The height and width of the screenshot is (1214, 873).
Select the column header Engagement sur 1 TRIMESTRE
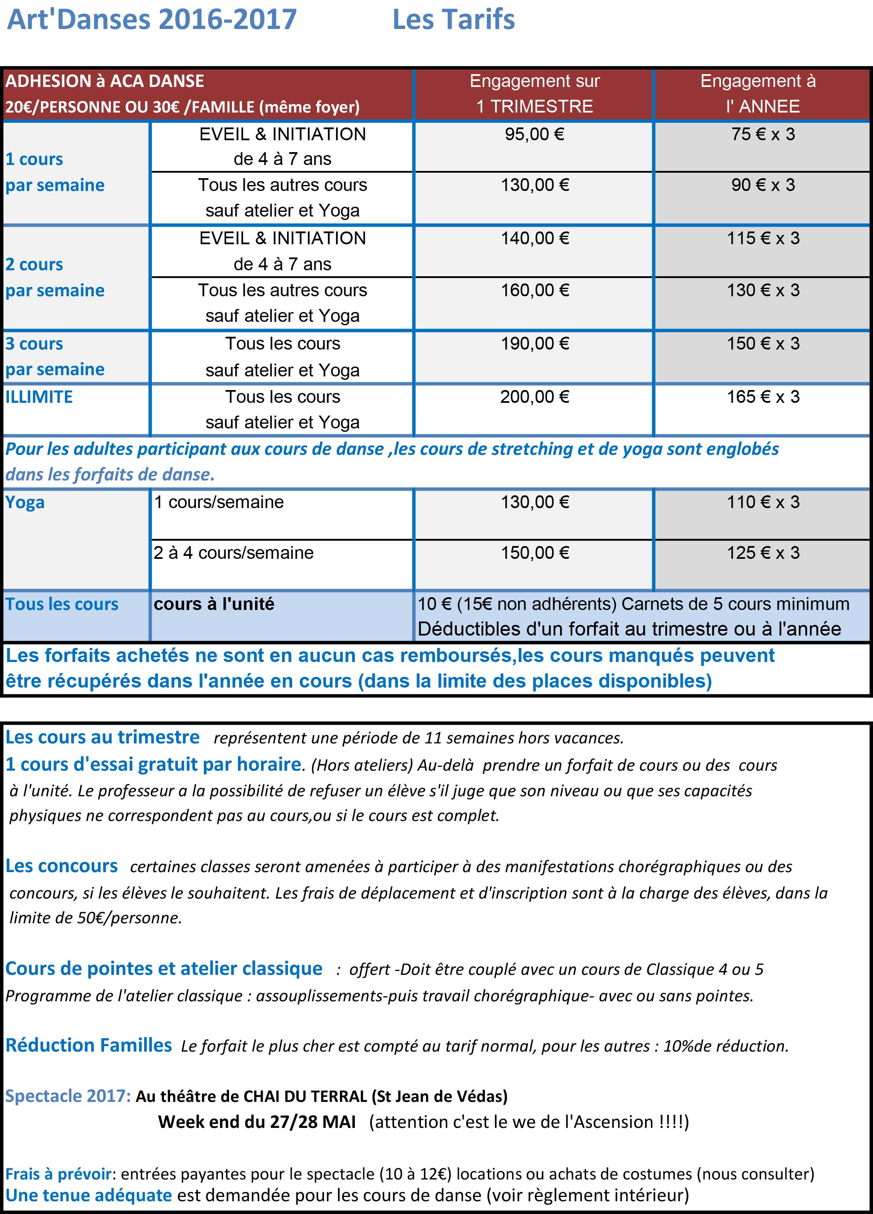[534, 94]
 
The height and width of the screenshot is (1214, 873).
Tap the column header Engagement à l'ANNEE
[762, 94]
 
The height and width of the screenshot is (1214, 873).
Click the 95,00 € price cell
[534, 134]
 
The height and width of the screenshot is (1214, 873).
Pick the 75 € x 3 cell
[763, 134]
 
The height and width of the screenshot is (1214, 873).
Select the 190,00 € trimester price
[534, 344]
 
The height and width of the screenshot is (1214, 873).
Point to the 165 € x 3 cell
[763, 396]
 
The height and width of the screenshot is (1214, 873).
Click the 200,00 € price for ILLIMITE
[534, 396]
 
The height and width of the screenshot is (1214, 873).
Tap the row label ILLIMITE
[39, 396]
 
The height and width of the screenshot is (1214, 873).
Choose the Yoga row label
[25, 502]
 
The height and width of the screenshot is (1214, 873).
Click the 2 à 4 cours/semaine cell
[234, 552]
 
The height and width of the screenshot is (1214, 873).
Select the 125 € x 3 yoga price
[763, 552]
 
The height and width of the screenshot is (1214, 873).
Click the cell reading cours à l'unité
[214, 604]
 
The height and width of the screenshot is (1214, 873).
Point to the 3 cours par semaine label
[55, 356]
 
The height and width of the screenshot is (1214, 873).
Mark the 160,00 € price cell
[534, 290]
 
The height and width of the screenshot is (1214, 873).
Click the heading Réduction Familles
[88, 1044]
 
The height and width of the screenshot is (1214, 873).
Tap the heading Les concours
[61, 866]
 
